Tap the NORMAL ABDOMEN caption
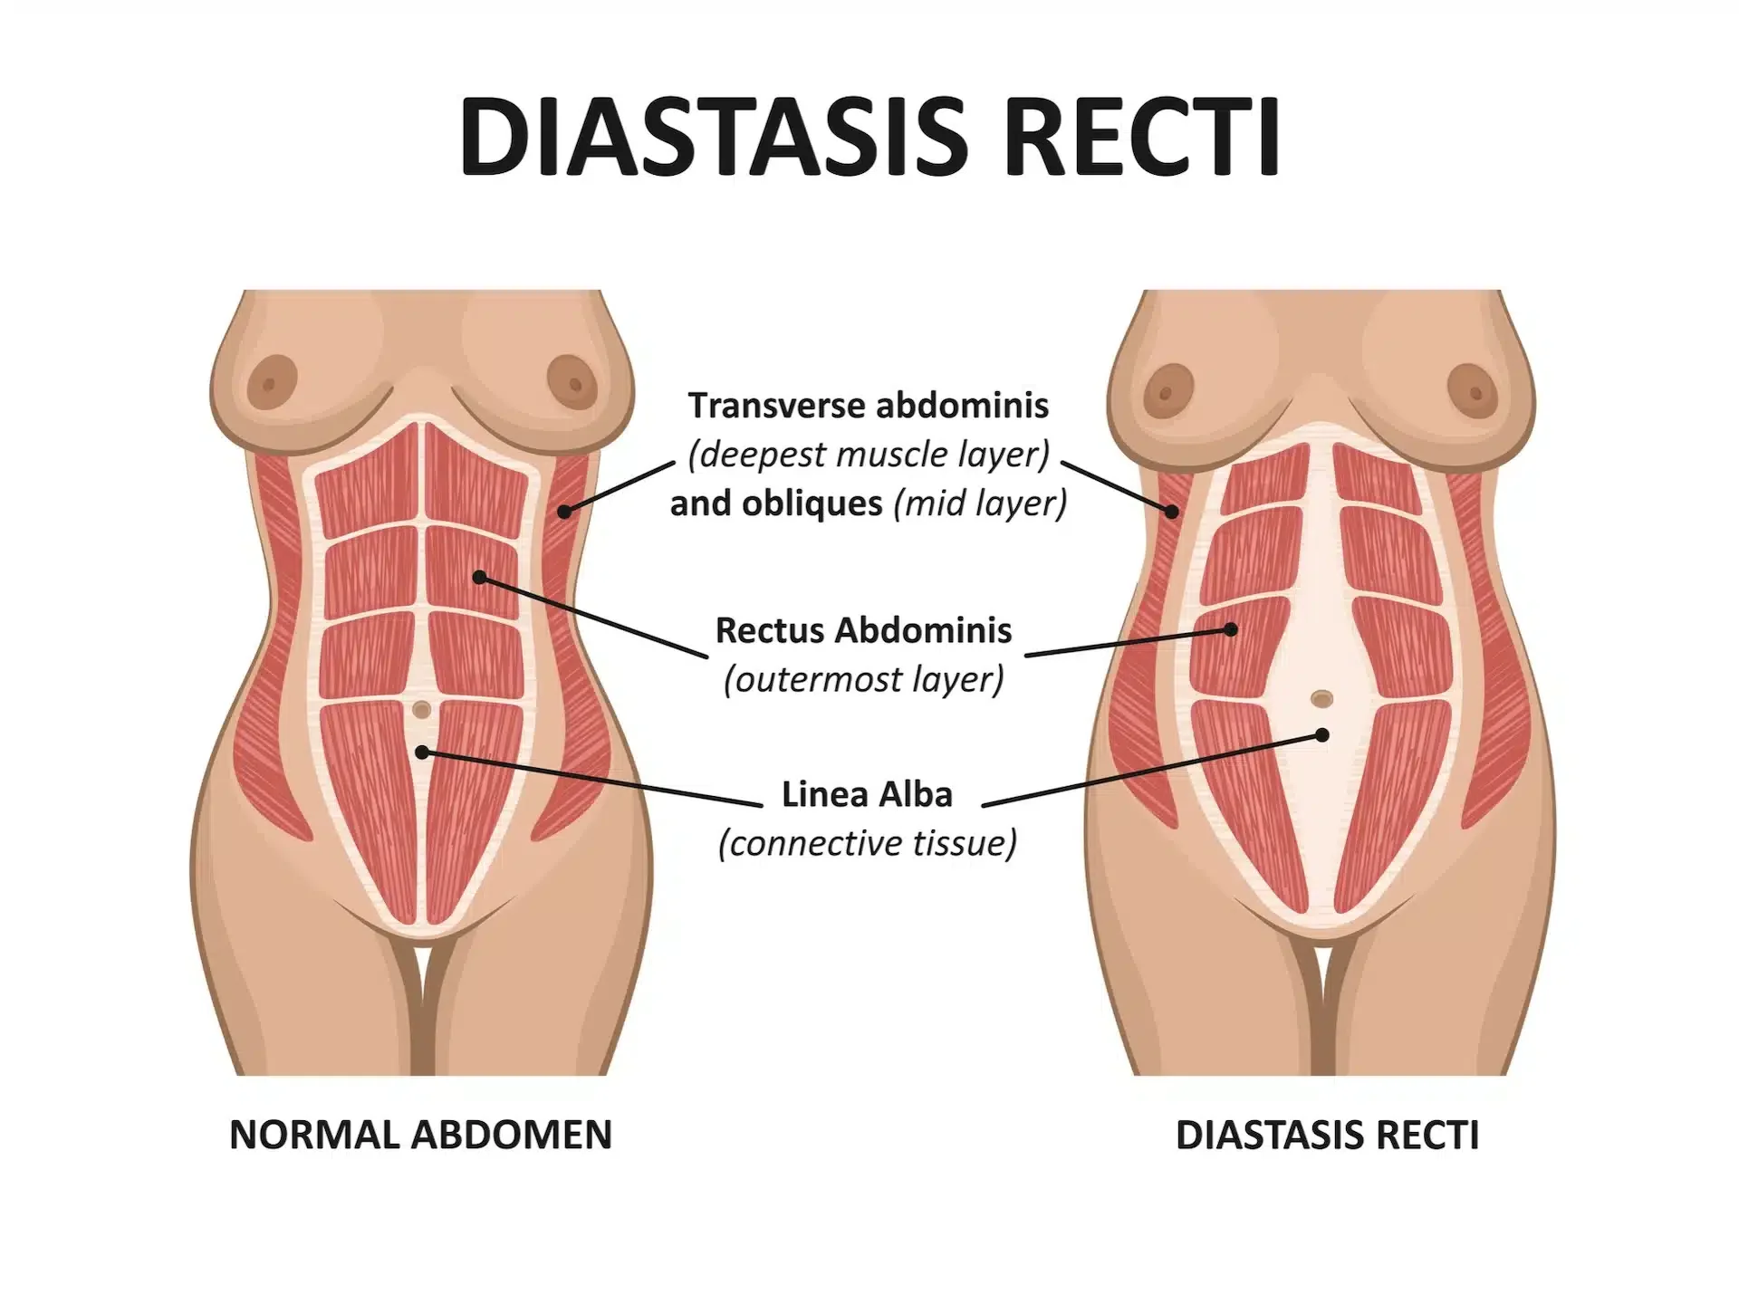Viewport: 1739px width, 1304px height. pyautogui.click(x=421, y=1135)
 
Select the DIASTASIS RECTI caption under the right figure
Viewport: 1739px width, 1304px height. pyautogui.click(x=1327, y=1135)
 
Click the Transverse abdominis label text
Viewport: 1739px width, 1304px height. pyautogui.click(x=868, y=406)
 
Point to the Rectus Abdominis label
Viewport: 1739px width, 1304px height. pyautogui.click(x=863, y=630)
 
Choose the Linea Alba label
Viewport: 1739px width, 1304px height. pyautogui.click(x=867, y=795)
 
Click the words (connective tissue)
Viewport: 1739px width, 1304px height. pyautogui.click(x=867, y=843)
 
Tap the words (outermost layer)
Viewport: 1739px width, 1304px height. pyautogui.click(x=863, y=679)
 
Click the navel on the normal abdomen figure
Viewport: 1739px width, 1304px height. pyautogui.click(x=421, y=711)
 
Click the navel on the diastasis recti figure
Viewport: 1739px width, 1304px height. pyautogui.click(x=1322, y=698)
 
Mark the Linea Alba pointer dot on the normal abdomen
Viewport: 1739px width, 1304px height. pyautogui.click(x=421, y=752)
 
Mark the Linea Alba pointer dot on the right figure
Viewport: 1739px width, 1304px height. pyautogui.click(x=1322, y=735)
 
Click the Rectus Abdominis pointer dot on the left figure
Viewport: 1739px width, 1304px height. pyautogui.click(x=479, y=577)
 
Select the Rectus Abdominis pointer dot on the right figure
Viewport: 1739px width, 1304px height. pyautogui.click(x=1231, y=628)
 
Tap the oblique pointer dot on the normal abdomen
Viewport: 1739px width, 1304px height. pyautogui.click(x=563, y=512)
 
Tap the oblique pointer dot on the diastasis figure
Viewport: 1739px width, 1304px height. pyautogui.click(x=1172, y=512)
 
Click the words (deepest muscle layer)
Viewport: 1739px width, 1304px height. pyautogui.click(x=868, y=455)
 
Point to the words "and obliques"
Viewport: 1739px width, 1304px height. pyautogui.click(x=776, y=503)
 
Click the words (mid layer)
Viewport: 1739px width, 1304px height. pyautogui.click(x=980, y=503)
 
